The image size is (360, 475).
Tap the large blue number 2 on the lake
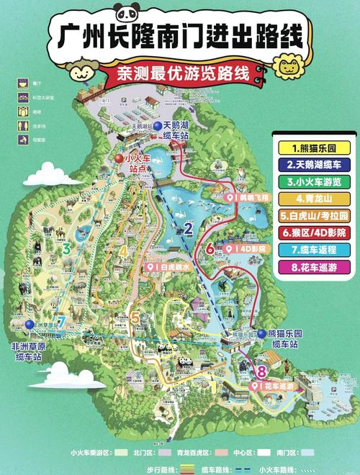(x=188, y=230)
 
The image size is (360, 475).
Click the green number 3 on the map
(x=66, y=250)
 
